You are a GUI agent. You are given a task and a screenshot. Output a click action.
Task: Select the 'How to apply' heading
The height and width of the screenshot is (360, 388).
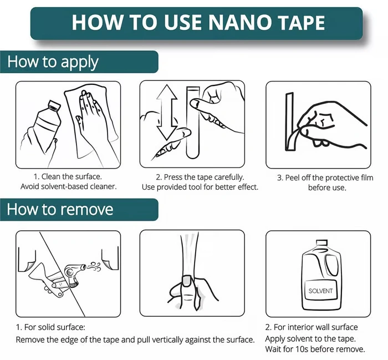(53, 62)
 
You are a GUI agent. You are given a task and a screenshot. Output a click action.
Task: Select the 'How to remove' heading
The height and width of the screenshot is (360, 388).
(60, 209)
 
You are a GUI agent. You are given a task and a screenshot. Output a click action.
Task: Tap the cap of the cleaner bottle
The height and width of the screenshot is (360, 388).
(54, 105)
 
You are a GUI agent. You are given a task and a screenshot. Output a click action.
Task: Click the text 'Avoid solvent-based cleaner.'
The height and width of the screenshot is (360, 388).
(68, 187)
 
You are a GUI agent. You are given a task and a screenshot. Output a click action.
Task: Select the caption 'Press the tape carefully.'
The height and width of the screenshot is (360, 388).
(198, 177)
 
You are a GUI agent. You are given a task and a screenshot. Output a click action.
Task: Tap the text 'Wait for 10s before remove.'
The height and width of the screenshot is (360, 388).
(315, 349)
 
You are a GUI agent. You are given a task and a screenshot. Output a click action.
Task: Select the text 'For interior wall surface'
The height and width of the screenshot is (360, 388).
(312, 327)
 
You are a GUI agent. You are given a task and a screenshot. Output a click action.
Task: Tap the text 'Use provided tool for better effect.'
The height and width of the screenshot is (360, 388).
(200, 187)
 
